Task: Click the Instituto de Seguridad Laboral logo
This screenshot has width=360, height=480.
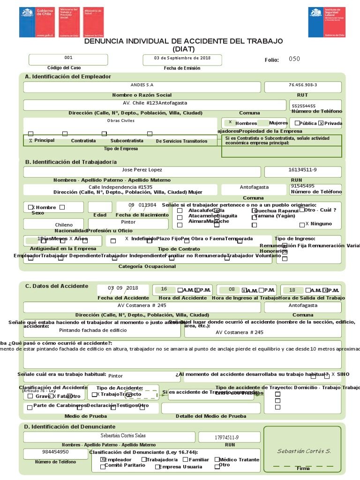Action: (x=327, y=22)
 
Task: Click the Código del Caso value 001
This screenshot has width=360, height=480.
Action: (x=68, y=58)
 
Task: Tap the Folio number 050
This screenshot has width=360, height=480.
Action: (x=294, y=59)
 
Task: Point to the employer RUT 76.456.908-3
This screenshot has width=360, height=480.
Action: (x=303, y=85)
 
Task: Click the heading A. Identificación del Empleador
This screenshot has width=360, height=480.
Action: (x=68, y=76)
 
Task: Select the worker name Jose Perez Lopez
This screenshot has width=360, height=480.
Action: (x=142, y=170)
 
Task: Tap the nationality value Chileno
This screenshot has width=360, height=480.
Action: (x=64, y=225)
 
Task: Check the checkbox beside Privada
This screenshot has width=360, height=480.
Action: (x=321, y=123)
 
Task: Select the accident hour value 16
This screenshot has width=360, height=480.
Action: (x=164, y=290)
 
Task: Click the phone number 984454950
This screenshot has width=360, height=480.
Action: (x=56, y=452)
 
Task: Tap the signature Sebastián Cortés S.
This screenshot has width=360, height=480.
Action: (x=304, y=451)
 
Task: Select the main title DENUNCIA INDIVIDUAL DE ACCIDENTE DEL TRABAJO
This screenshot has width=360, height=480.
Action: (x=183, y=41)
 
